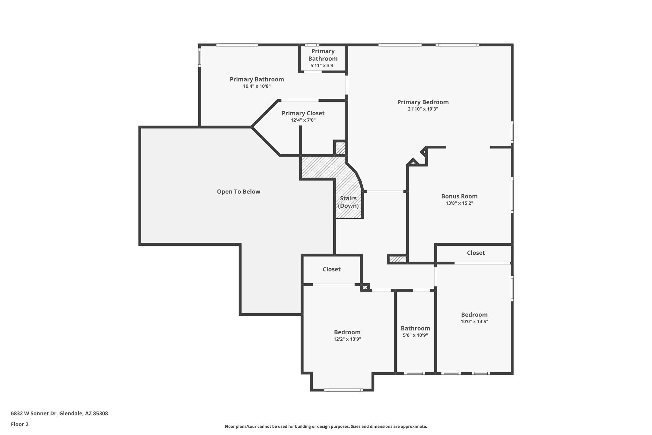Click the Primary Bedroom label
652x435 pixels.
pyautogui.click(x=423, y=102)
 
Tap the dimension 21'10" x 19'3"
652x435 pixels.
pyautogui.click(x=423, y=109)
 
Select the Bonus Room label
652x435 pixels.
pyautogui.click(x=459, y=196)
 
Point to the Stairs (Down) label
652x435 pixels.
pyautogui.click(x=348, y=202)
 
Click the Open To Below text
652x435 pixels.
pyautogui.click(x=238, y=192)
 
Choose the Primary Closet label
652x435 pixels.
pyautogui.click(x=303, y=113)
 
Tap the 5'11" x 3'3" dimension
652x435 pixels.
pyautogui.click(x=323, y=66)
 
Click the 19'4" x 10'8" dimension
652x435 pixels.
pyautogui.click(x=257, y=86)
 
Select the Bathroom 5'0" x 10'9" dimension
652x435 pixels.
pyautogui.click(x=415, y=335)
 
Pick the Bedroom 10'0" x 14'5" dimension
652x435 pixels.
pyautogui.click(x=474, y=322)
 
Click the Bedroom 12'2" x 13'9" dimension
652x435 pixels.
pyautogui.click(x=347, y=339)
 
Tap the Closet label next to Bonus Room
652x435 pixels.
pyautogui.click(x=476, y=253)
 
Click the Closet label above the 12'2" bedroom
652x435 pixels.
pyautogui.click(x=331, y=269)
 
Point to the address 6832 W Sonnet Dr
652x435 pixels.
pyautogui.click(x=59, y=414)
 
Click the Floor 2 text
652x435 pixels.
pyautogui.click(x=20, y=424)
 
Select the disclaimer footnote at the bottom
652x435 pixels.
pyautogui.click(x=326, y=426)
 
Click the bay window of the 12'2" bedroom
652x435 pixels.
pyautogui.click(x=344, y=390)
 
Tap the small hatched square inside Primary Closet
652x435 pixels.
pyautogui.click(x=340, y=148)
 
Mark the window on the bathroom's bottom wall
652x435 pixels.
pyautogui.click(x=415, y=373)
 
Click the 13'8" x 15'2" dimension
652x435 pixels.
pyautogui.click(x=459, y=203)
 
